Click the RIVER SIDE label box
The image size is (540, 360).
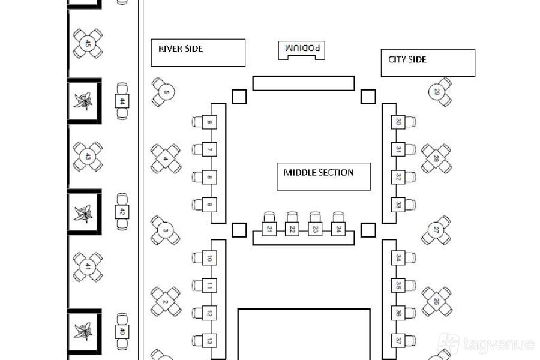click(198, 52)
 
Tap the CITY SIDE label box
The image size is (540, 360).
click(428, 62)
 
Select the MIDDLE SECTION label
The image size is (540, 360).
click(323, 176)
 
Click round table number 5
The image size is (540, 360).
click(167, 92)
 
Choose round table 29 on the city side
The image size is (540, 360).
click(437, 92)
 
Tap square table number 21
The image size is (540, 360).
click(269, 229)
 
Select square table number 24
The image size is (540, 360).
click(338, 229)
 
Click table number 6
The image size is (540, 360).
click(209, 122)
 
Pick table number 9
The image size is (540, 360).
click(209, 205)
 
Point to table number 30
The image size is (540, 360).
click(398, 122)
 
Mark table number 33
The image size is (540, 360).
click(398, 205)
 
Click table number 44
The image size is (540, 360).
click(122, 101)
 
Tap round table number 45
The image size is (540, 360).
click(88, 44)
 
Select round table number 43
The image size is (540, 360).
click(88, 157)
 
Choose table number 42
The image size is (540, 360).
click(122, 211)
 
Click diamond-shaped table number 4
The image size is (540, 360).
click(166, 159)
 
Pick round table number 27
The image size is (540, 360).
click(436, 230)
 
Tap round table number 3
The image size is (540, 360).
click(166, 230)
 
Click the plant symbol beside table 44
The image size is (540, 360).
click(84, 101)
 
